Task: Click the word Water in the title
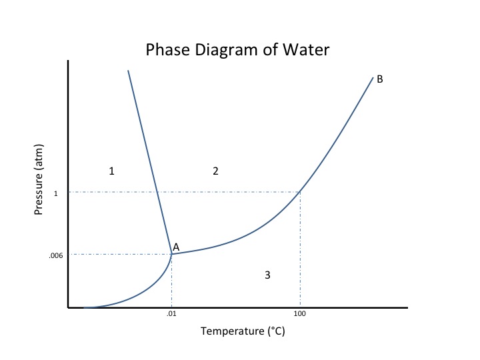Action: (x=306, y=50)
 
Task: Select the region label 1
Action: (x=112, y=171)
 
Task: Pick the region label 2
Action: (x=215, y=171)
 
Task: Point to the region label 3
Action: (x=267, y=275)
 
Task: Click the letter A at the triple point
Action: (x=176, y=247)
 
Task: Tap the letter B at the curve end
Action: (x=379, y=79)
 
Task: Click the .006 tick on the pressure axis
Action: (x=55, y=255)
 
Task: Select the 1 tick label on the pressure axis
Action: (x=56, y=193)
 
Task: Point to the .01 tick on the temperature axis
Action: (x=171, y=314)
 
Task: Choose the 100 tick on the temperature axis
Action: (x=299, y=314)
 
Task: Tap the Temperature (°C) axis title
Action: (x=243, y=331)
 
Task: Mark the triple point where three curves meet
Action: (x=172, y=254)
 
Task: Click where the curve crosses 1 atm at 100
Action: (x=300, y=192)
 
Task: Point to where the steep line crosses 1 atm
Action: (x=157, y=192)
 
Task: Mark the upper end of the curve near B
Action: (x=372, y=78)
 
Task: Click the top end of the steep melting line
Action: (x=128, y=70)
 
